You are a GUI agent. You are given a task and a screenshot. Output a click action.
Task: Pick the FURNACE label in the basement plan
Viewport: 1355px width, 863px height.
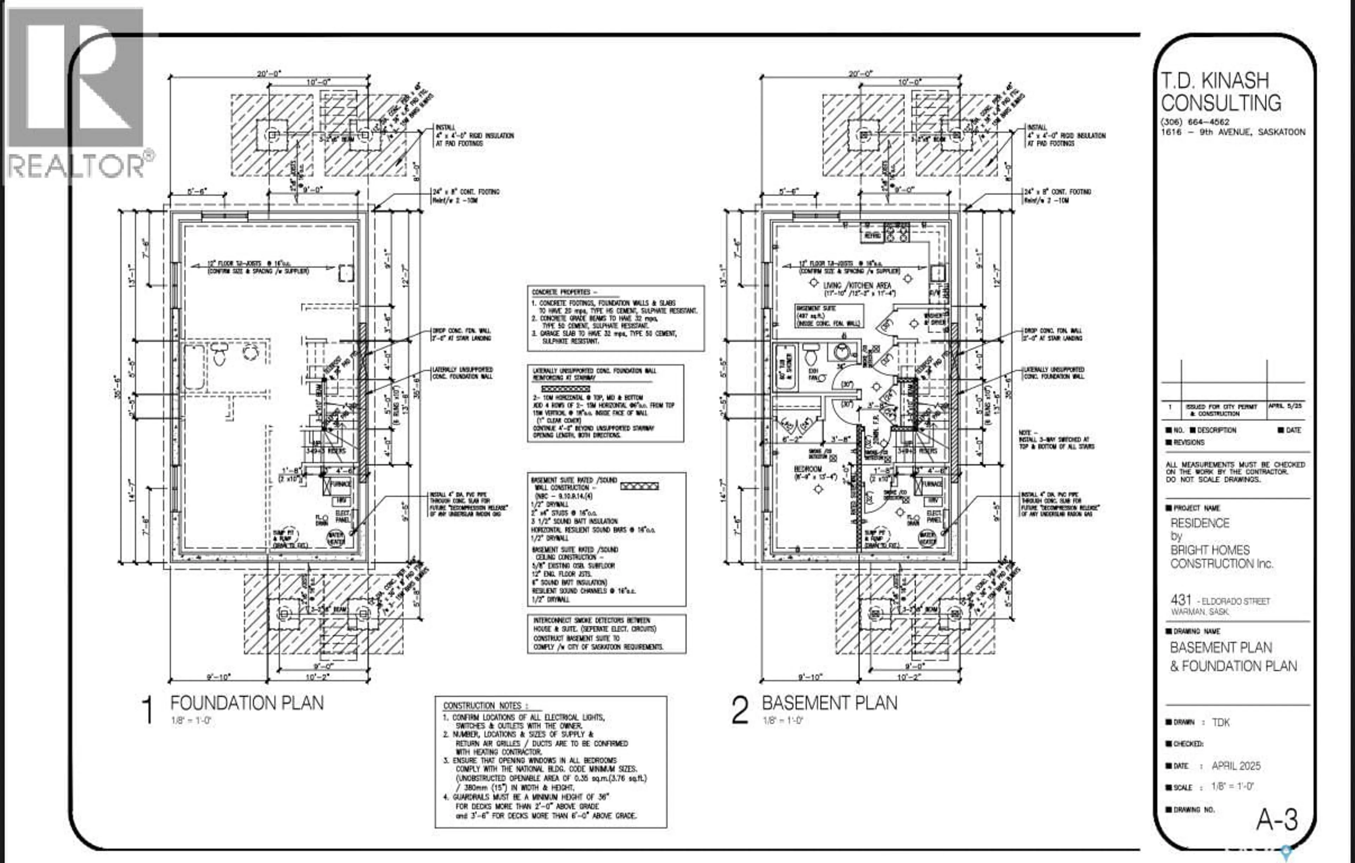click(932, 484)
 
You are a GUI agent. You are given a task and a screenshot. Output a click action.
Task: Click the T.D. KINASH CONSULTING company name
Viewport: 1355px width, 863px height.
click(1221, 92)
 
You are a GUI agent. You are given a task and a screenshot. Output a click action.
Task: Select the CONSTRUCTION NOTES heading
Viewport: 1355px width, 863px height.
click(485, 705)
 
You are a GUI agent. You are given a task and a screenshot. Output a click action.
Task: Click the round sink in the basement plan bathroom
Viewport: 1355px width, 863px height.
click(841, 352)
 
